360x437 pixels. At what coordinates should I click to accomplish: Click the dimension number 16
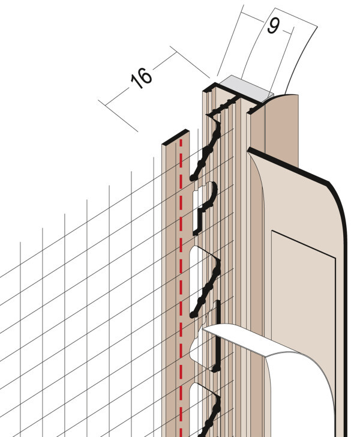pyautogui.click(x=142, y=78)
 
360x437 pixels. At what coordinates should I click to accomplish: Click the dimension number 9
pyautogui.click(x=274, y=26)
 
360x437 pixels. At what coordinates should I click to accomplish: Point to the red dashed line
pyautogui.click(x=181, y=287)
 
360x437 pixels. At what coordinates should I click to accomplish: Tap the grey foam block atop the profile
pyautogui.click(x=245, y=89)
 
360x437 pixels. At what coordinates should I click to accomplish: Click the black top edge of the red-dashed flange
pyautogui.click(x=176, y=137)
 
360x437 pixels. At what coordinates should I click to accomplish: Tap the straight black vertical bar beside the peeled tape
pyautogui.click(x=217, y=336)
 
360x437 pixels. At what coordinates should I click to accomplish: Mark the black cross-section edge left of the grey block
pyautogui.click(x=223, y=92)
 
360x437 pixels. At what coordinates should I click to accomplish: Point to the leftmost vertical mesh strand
pyautogui.click(x=20, y=340)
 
